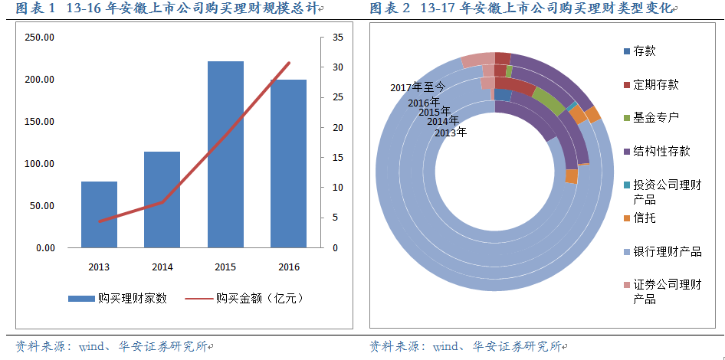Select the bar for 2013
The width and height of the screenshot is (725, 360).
(x=99, y=214)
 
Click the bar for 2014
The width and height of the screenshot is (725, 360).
(x=162, y=199)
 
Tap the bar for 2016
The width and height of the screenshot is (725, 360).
(x=288, y=163)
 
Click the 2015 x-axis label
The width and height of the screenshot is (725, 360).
(x=225, y=267)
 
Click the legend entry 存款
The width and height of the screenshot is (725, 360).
(x=644, y=51)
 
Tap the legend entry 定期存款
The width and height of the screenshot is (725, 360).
(x=655, y=85)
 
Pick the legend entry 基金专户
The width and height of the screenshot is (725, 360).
(x=655, y=118)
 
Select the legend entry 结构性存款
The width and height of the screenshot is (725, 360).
(x=661, y=152)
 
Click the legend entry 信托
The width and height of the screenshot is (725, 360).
(x=644, y=218)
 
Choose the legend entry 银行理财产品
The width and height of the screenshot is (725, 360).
(x=667, y=252)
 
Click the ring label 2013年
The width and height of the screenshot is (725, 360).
(x=450, y=133)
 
